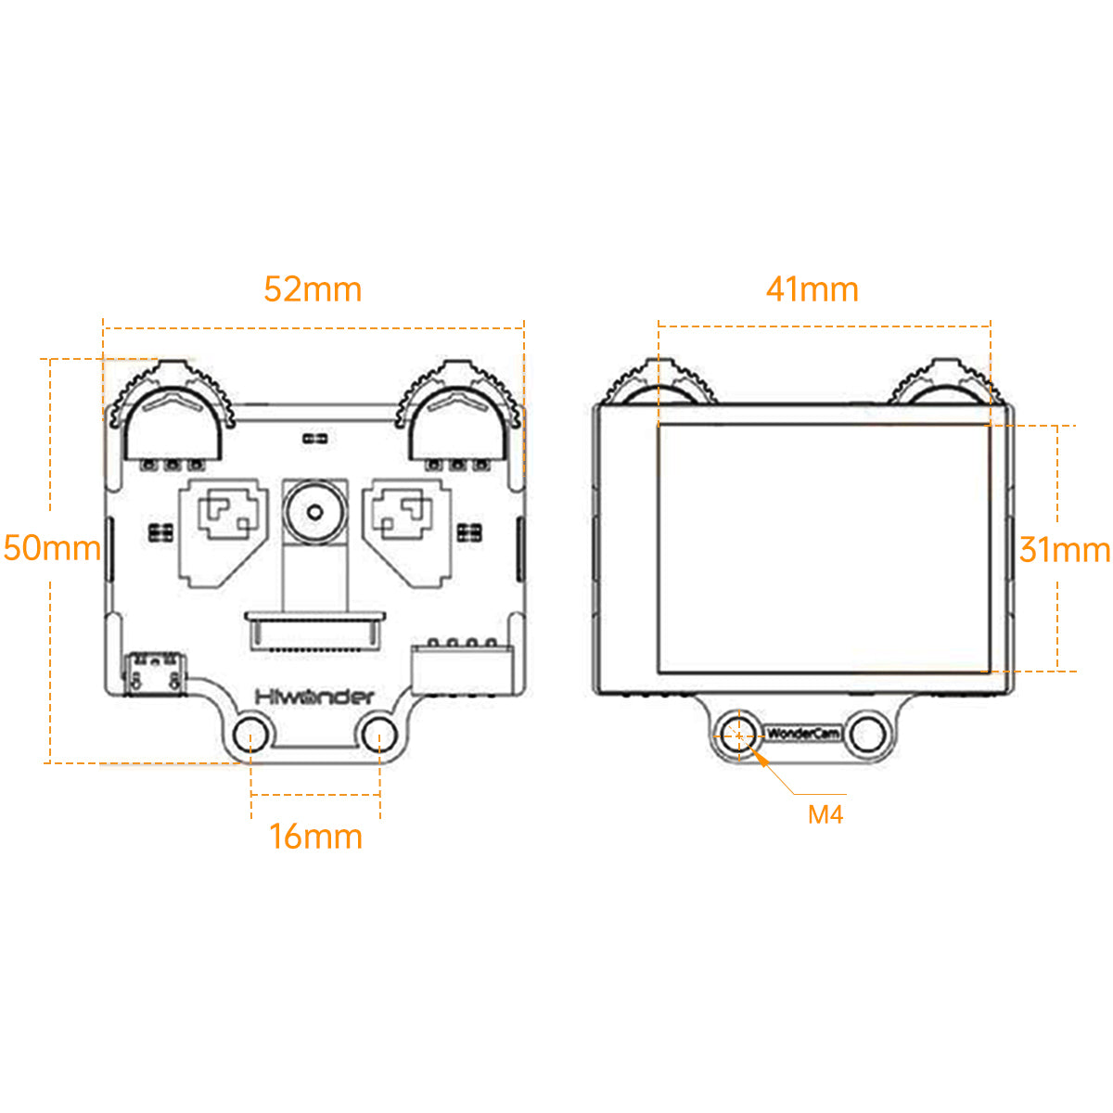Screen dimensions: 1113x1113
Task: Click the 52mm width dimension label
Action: pos(313,289)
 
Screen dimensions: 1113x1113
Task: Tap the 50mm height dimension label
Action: pos(52,548)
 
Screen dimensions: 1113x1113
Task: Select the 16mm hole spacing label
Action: pos(315,837)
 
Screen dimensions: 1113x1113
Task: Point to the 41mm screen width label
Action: pos(812,289)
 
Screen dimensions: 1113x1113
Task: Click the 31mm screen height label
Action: pos(1065,549)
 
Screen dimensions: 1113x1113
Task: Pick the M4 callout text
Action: pos(825,815)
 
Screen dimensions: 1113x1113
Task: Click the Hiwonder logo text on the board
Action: pos(314,697)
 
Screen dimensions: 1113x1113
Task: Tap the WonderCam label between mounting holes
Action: pos(803,734)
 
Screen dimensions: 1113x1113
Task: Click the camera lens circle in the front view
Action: pos(314,512)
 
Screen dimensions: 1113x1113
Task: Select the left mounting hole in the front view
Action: pos(250,735)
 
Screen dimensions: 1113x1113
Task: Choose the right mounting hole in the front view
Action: pos(379,735)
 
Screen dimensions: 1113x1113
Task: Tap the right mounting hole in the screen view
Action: pos(868,735)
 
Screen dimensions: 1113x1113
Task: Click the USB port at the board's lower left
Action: pos(154,673)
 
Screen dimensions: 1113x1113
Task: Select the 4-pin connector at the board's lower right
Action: pos(462,669)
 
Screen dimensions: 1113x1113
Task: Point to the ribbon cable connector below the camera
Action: pos(314,631)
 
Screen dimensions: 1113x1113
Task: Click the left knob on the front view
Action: pos(173,411)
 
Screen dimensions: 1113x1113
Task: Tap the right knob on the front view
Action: pos(457,411)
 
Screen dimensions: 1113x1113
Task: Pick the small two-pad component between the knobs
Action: pos(315,439)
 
